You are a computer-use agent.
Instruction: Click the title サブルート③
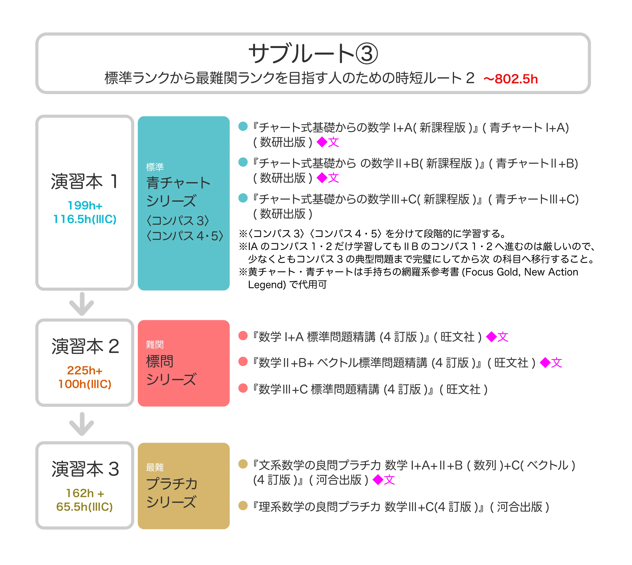tap(313, 53)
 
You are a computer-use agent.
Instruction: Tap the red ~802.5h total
tap(510, 79)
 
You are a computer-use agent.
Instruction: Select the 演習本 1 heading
tap(85, 181)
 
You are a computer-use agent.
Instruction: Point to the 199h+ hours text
tap(85, 205)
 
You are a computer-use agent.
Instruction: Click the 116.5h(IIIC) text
tap(85, 219)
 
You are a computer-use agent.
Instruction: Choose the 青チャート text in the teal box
tap(178, 182)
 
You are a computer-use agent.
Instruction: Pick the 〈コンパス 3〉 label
tap(178, 221)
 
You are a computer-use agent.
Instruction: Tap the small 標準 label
tap(155, 167)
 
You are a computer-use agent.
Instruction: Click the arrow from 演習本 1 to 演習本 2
tap(81, 304)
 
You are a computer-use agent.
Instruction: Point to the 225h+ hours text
tap(85, 370)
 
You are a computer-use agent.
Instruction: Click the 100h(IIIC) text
tap(85, 384)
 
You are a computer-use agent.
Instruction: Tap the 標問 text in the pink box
tap(160, 361)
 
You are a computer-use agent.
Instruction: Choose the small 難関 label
tap(155, 344)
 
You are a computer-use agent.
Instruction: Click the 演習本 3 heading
tap(85, 469)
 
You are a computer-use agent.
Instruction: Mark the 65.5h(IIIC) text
tap(85, 507)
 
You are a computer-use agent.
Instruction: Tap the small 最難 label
tap(155, 467)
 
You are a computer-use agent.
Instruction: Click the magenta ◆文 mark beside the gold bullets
tap(384, 480)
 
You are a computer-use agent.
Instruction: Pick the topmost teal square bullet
tap(243, 127)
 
